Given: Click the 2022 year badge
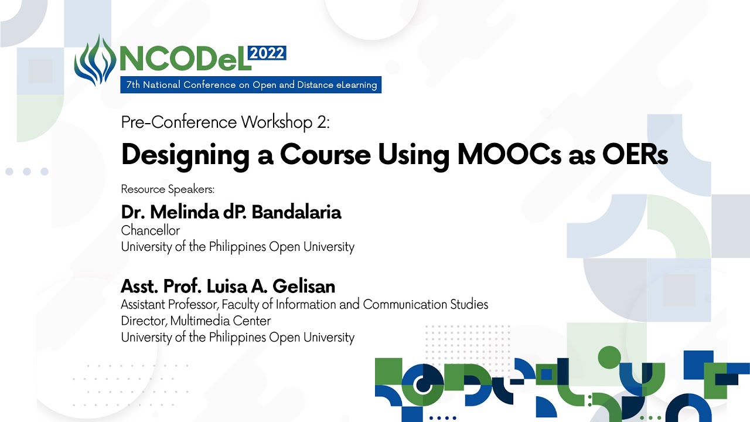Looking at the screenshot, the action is (x=267, y=53).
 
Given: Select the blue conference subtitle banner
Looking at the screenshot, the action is (x=251, y=85).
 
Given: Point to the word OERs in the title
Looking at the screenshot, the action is (x=635, y=155).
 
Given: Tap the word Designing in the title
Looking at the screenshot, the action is (x=186, y=156).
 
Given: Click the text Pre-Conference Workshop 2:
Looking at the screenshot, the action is (x=226, y=122).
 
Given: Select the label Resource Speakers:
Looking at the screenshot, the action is (x=168, y=189).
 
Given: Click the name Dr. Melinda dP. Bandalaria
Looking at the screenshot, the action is (x=231, y=212).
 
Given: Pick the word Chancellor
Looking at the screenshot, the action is (x=151, y=230).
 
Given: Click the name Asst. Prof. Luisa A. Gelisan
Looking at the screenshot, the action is (x=228, y=287).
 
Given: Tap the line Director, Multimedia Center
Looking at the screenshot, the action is (x=196, y=321).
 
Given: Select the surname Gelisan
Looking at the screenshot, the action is (x=304, y=287).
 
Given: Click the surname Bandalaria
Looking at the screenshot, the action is (x=296, y=212).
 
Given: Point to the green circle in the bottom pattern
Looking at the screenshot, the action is (x=609, y=358).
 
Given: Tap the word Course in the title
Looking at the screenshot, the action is (x=325, y=155).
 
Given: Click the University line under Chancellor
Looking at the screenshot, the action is (x=238, y=247).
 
